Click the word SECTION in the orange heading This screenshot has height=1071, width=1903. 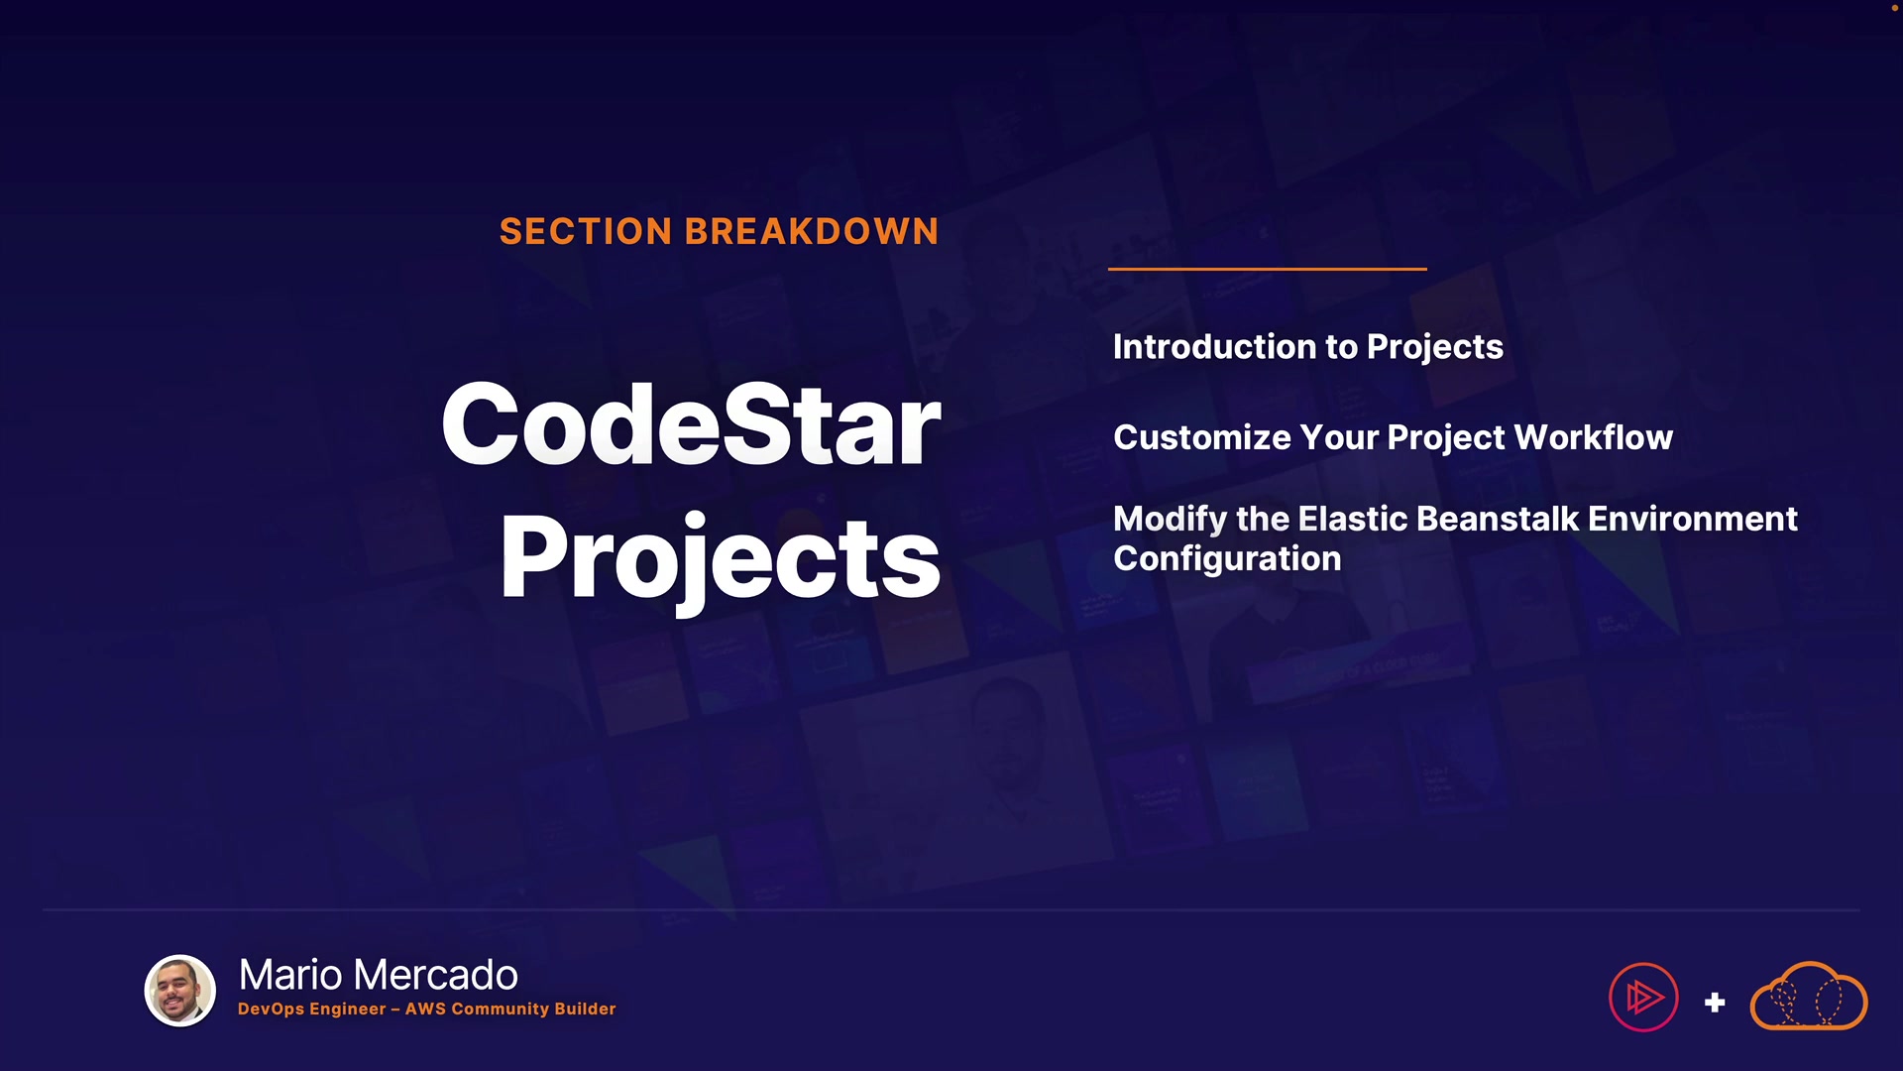tap(586, 231)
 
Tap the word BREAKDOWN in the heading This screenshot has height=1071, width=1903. tap(812, 231)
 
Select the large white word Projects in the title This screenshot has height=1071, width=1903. tap(721, 560)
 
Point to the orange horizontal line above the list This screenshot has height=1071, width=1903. tap(1268, 269)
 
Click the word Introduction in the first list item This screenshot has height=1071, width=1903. tap(1214, 346)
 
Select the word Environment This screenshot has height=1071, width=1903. tap(1693, 519)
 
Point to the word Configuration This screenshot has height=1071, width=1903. tap(1227, 560)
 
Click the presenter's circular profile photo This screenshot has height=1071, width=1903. tap(180, 991)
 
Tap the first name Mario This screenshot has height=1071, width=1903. tap(291, 975)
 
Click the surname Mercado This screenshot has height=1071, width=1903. tap(435, 975)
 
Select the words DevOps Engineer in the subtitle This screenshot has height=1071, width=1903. tap(311, 1010)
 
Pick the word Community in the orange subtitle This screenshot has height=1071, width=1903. tap(499, 1010)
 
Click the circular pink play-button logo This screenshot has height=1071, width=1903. tap(1643, 998)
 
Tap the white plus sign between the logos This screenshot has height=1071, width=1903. tap(1715, 1003)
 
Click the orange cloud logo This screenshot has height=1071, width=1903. tap(1809, 996)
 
